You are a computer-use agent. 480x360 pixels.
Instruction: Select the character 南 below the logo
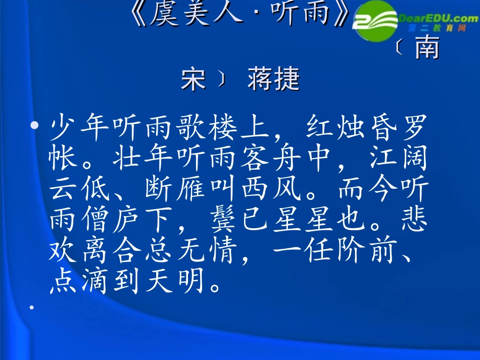pyautogui.click(x=425, y=49)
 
